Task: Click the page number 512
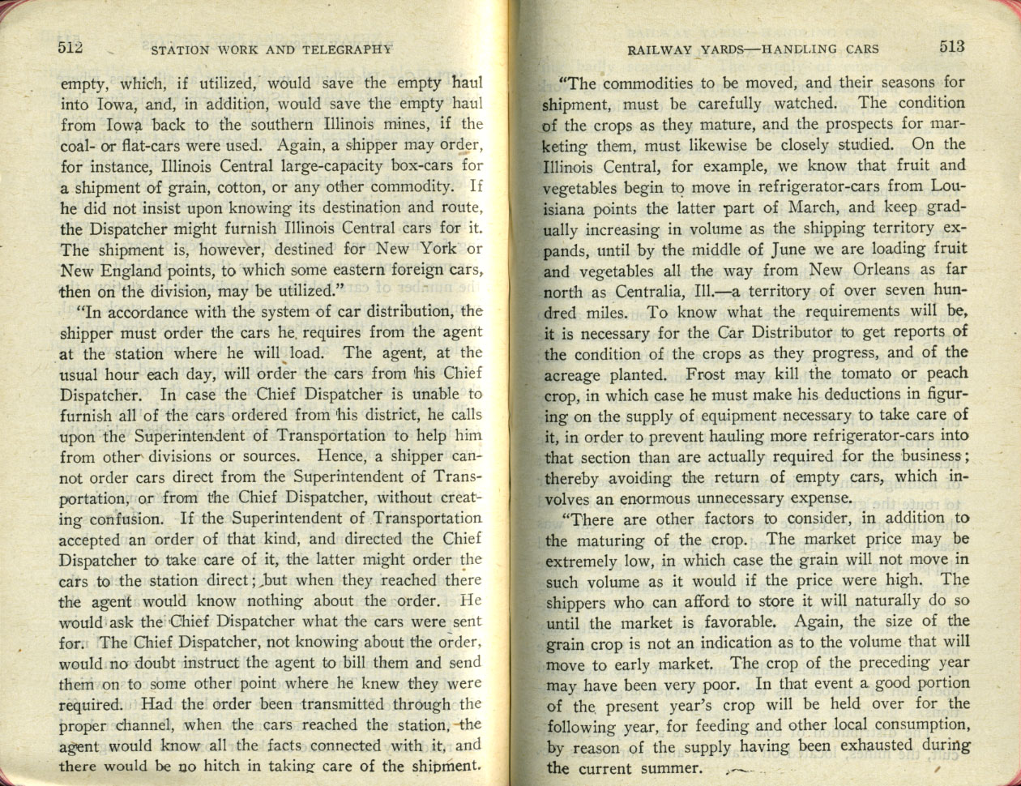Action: pos(70,47)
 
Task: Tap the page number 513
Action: pos(952,46)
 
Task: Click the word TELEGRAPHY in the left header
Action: pos(346,49)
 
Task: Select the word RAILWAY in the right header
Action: pos(660,49)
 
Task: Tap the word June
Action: pos(762,250)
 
